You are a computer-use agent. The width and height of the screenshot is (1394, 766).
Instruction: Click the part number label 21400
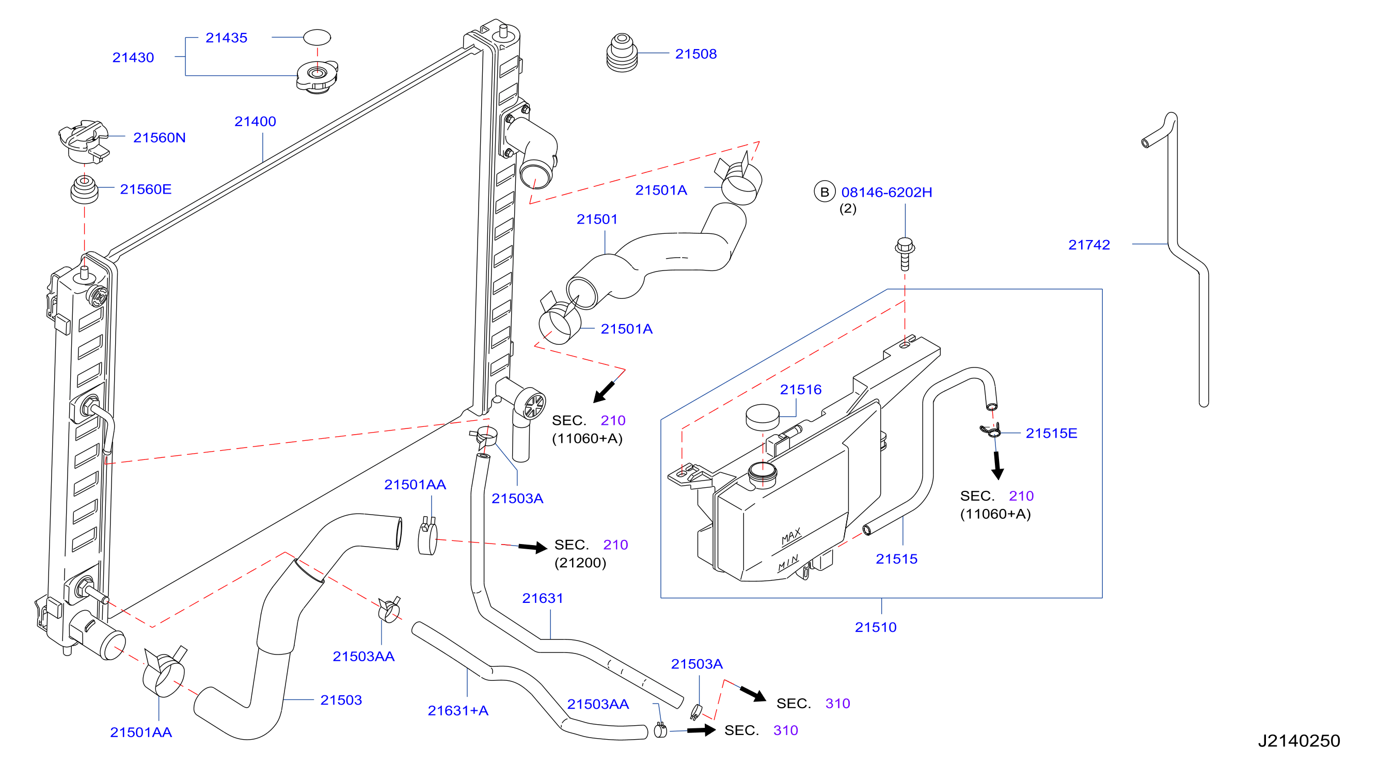click(255, 121)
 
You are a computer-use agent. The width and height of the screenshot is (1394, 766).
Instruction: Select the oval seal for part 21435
click(316, 37)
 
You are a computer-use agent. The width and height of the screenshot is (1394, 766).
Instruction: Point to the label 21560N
click(159, 137)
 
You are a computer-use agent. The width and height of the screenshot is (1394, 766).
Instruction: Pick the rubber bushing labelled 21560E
click(85, 189)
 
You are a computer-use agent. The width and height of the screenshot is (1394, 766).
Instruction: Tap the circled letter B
click(824, 192)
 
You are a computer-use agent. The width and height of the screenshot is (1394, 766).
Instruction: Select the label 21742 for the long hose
click(1089, 245)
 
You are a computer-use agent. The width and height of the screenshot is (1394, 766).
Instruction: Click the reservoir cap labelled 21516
click(763, 417)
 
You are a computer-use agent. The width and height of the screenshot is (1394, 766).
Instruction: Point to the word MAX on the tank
click(790, 537)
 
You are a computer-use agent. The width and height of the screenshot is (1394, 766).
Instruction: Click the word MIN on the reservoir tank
click(788, 563)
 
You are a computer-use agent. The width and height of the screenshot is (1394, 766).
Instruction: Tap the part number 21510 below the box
click(876, 627)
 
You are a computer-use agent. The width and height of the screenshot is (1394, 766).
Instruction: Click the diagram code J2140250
click(1299, 741)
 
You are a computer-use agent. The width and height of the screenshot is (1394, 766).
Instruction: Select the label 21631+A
click(458, 710)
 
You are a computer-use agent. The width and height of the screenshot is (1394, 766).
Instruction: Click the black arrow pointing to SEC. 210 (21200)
click(532, 548)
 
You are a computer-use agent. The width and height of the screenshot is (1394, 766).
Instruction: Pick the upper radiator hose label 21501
click(597, 219)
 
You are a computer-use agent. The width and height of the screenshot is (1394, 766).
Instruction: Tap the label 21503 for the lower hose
click(341, 700)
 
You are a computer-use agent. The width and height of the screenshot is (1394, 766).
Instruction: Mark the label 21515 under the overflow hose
click(897, 559)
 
